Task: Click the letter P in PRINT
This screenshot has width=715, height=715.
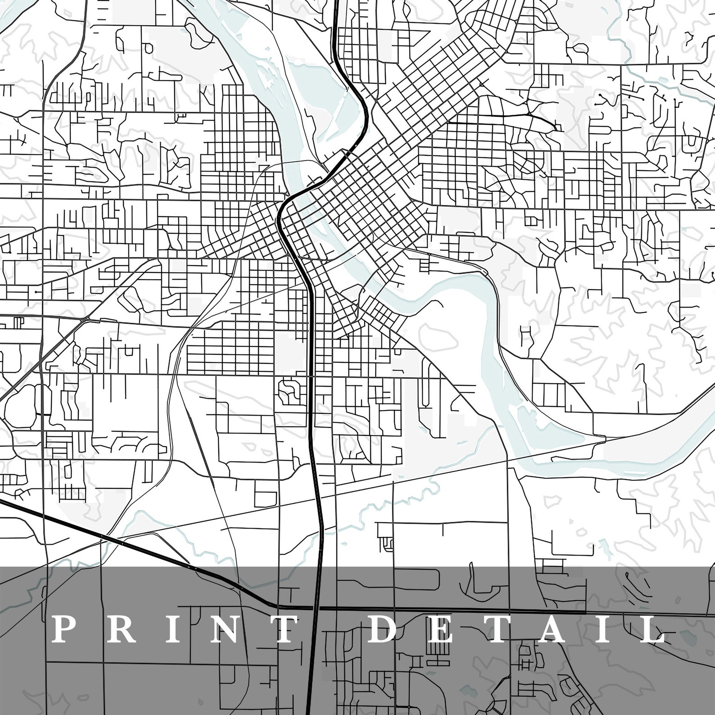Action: click(62, 629)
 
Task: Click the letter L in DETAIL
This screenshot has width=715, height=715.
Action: click(652, 629)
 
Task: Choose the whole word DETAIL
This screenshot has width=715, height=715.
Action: click(518, 629)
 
